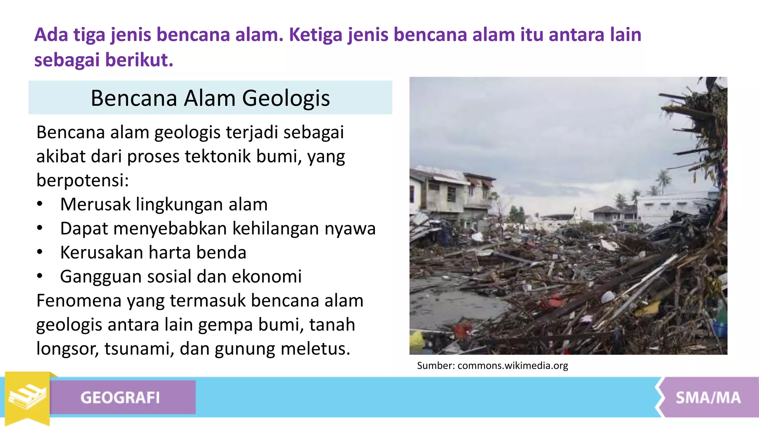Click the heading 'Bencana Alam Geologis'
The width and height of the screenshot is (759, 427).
pos(210,98)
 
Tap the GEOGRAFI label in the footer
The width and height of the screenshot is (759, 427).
pos(120,398)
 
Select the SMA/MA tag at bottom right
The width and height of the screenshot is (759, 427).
pos(708,398)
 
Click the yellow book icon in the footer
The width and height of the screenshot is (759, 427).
pos(27,397)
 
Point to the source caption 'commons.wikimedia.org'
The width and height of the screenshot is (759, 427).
pos(513,366)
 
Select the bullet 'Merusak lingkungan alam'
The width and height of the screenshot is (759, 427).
pos(164,204)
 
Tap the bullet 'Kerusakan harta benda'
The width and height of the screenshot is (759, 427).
pos(153,252)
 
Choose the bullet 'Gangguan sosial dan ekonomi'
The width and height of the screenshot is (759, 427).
pos(181,277)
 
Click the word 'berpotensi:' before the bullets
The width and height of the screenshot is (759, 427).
pos(82,180)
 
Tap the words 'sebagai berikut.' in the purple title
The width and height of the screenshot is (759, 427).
pos(104,60)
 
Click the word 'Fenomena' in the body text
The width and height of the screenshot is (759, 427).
pos(79,301)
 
